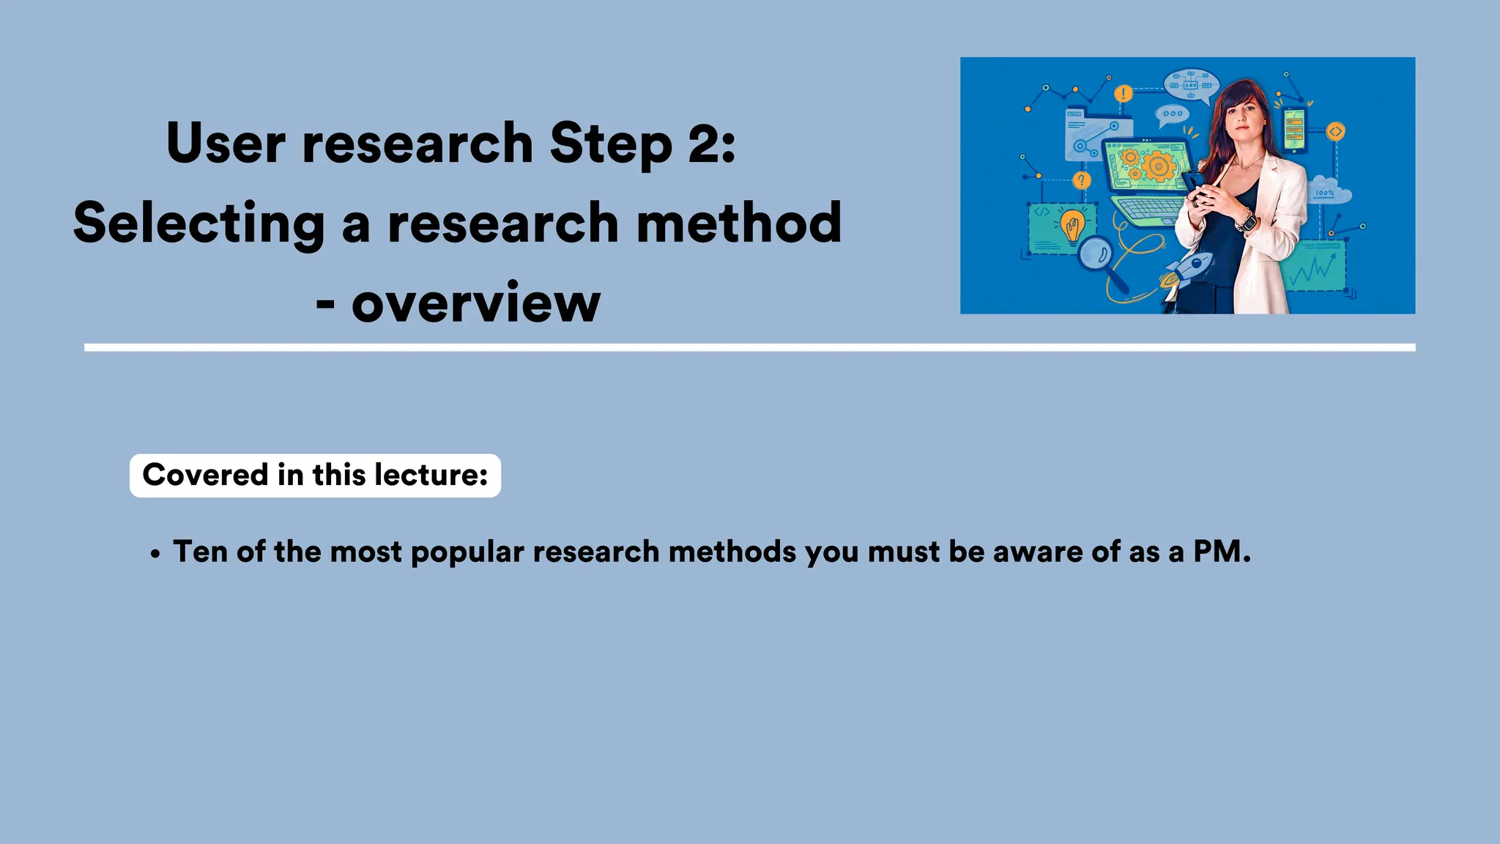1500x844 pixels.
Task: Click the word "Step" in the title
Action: tap(610, 144)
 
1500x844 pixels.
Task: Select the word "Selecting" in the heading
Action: tap(198, 223)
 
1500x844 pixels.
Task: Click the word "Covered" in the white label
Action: tap(205, 475)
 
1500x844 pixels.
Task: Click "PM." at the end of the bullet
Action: tap(1222, 552)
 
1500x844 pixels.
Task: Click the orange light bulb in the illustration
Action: tap(1073, 226)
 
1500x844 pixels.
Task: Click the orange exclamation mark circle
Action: tap(1123, 94)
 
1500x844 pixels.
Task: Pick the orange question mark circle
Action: tap(1081, 180)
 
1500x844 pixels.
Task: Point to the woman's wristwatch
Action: tap(1246, 220)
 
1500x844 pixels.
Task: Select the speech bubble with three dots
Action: tap(1172, 114)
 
